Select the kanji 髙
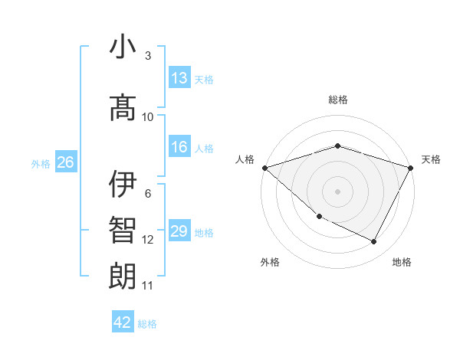(x=123, y=107)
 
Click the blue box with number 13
(x=179, y=78)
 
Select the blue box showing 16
(x=179, y=148)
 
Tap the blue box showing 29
(x=179, y=232)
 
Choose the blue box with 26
(x=65, y=162)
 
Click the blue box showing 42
(x=123, y=322)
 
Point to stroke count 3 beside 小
(x=147, y=56)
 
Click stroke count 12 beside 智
(x=147, y=240)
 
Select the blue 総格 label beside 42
(x=148, y=324)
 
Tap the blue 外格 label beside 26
(x=41, y=163)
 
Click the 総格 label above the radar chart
(x=337, y=100)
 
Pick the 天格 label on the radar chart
(x=432, y=159)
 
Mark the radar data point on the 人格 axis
(x=264, y=168)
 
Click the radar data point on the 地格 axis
(x=374, y=242)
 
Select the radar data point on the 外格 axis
(x=319, y=217)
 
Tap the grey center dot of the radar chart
(x=337, y=191)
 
